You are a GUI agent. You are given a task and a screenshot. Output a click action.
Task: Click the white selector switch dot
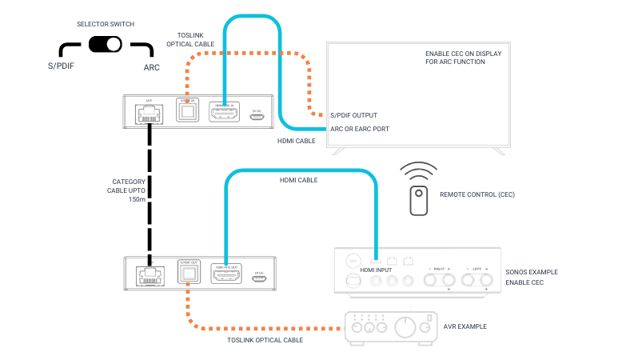click(x=114, y=44)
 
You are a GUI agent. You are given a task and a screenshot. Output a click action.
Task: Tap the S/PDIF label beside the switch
click(x=61, y=66)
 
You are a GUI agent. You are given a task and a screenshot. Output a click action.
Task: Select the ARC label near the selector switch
click(x=151, y=67)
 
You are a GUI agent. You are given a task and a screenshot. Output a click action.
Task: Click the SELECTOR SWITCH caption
click(x=106, y=24)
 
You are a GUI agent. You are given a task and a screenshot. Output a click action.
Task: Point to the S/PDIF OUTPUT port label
click(x=353, y=115)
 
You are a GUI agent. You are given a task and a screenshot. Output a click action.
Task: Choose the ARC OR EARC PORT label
click(x=360, y=128)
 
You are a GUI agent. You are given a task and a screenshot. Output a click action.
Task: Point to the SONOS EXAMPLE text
click(x=532, y=272)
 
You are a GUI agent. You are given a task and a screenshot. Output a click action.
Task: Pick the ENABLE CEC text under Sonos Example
click(x=524, y=282)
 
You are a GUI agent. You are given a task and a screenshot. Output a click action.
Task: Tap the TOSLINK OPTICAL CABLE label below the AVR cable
click(x=265, y=340)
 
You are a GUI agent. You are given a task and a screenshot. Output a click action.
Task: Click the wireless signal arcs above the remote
click(x=419, y=171)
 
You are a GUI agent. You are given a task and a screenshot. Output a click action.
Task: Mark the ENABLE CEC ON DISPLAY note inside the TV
click(x=464, y=58)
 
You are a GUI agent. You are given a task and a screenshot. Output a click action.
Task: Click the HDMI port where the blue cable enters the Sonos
click(x=375, y=260)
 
